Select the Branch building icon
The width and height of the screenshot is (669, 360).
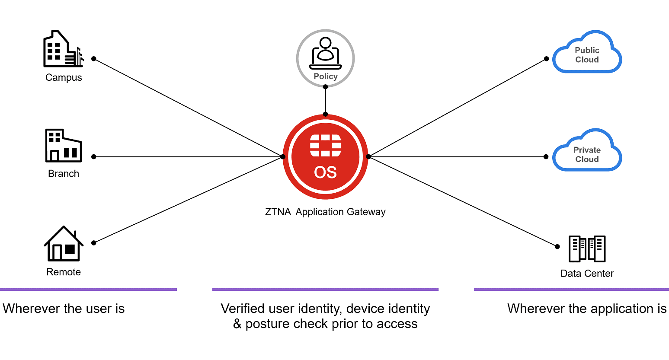pyautogui.click(x=63, y=146)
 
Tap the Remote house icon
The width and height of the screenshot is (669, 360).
pyautogui.click(x=64, y=244)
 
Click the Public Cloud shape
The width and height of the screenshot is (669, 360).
pyautogui.click(x=587, y=53)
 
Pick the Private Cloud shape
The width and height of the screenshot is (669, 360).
pyautogui.click(x=587, y=151)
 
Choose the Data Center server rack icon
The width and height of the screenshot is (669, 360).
pyautogui.click(x=587, y=249)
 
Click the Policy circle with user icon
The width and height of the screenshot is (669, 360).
pyautogui.click(x=325, y=58)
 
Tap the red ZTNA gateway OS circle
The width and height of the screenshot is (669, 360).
pyautogui.click(x=325, y=156)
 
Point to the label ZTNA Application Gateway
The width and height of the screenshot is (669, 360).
pyautogui.click(x=325, y=212)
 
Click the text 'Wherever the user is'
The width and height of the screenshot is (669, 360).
pyautogui.click(x=64, y=309)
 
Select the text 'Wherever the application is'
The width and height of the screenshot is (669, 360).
pyautogui.click(x=587, y=309)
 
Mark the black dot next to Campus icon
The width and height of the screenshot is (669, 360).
pyautogui.click(x=94, y=59)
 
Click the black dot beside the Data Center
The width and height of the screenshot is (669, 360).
pyautogui.click(x=557, y=247)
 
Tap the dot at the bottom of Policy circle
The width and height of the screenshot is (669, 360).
pyautogui.click(x=325, y=87)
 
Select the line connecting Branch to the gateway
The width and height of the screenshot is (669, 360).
pyautogui.click(x=188, y=157)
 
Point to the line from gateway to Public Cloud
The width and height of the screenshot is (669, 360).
pyautogui.click(x=458, y=107)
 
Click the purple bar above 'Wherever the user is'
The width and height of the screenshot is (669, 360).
pyautogui.click(x=88, y=289)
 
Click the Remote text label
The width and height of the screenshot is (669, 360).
pyautogui.click(x=64, y=272)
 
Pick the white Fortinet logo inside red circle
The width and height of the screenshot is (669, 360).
pyautogui.click(x=325, y=145)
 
